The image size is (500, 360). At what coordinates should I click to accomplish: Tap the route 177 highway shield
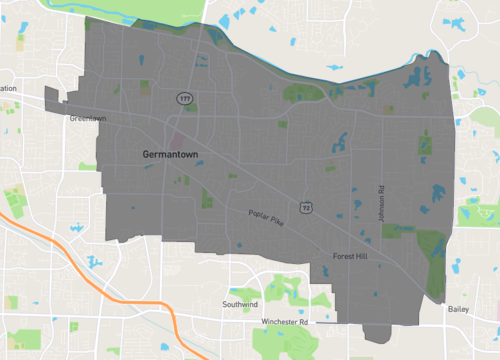(184, 99)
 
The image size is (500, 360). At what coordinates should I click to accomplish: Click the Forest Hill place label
(350, 257)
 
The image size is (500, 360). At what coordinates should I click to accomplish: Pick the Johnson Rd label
(381, 203)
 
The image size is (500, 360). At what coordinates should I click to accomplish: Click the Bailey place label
(459, 309)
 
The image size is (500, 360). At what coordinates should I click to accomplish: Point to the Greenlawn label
(87, 117)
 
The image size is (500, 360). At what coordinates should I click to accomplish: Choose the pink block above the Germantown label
(177, 134)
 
